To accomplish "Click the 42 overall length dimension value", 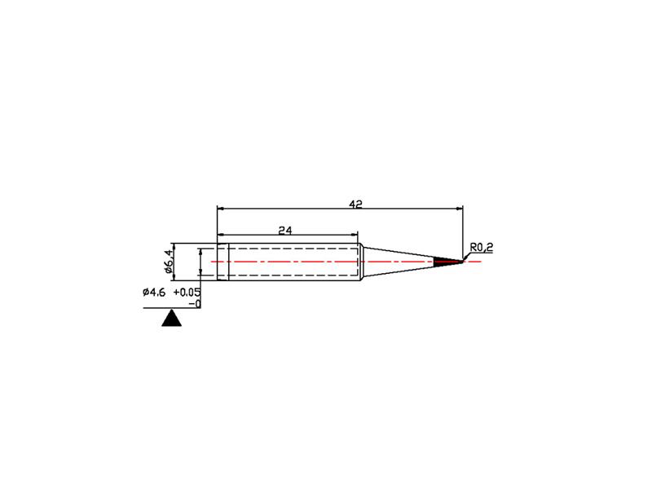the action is (356, 205).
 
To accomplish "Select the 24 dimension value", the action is (285, 230).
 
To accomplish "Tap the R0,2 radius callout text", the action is (482, 248).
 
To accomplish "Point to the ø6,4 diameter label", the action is (169, 262).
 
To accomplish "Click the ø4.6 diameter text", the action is (154, 293).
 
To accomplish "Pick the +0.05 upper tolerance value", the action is (187, 293).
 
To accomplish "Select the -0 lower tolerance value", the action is (195, 304).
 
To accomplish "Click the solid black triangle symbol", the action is (172, 318).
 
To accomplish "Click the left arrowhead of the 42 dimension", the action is (220, 209).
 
